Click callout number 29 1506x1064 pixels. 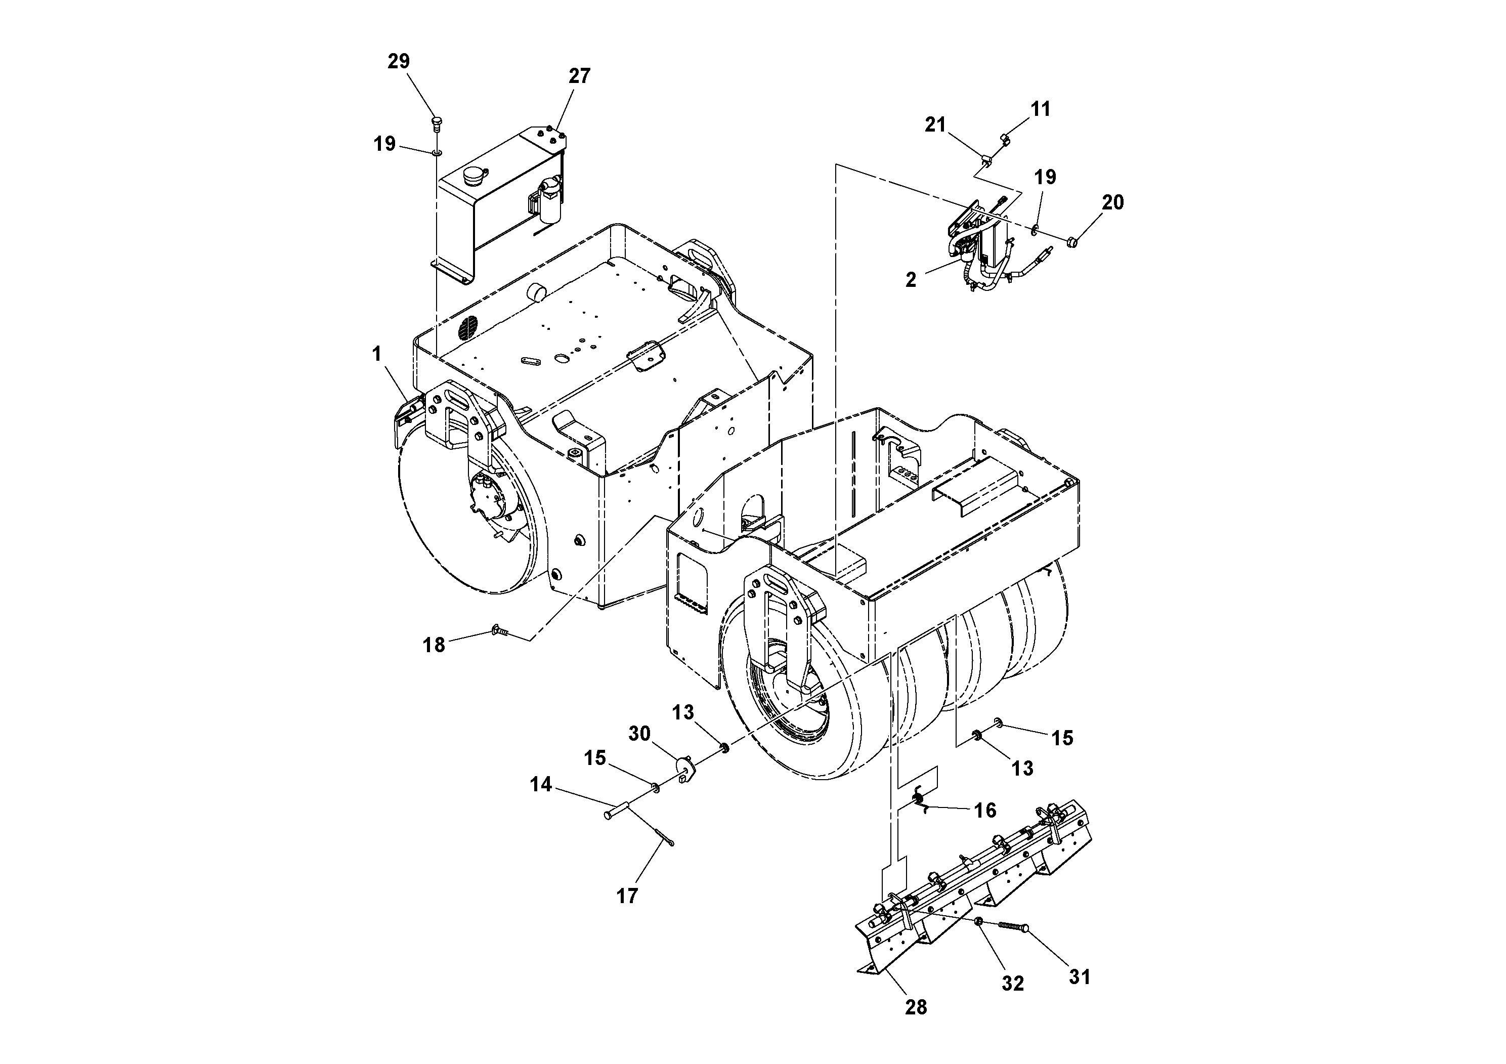pyautogui.click(x=399, y=61)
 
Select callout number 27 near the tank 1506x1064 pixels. pyautogui.click(x=579, y=76)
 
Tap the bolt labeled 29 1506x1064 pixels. pyautogui.click(x=436, y=122)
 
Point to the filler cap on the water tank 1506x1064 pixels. pyautogui.click(x=474, y=177)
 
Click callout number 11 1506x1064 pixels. pyautogui.click(x=1040, y=109)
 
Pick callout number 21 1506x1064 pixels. pyautogui.click(x=935, y=124)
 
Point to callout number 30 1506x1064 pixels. pyautogui.click(x=639, y=734)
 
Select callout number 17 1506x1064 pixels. pyautogui.click(x=627, y=896)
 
